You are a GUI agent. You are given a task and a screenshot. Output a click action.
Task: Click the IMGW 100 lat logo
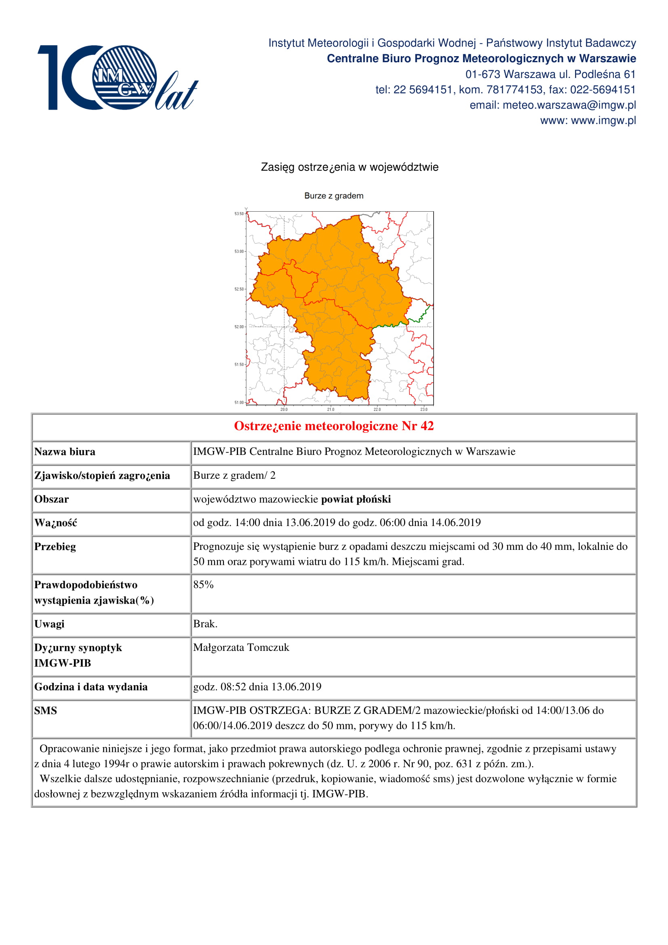[x=117, y=78]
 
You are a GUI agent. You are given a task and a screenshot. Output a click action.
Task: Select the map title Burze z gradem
[x=334, y=196]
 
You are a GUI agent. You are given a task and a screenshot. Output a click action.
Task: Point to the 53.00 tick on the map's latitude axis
[x=239, y=251]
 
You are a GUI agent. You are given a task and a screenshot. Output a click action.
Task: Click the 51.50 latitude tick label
[x=239, y=365]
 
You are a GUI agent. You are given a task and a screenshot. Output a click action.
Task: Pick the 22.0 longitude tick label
[x=377, y=410]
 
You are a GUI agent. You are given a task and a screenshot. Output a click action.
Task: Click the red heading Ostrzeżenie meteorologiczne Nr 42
[x=334, y=426]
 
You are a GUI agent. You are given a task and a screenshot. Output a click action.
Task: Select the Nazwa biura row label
[x=65, y=452]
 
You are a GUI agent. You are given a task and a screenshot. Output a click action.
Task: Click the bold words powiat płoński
[x=356, y=499]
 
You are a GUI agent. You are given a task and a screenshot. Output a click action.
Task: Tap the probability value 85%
[x=203, y=585]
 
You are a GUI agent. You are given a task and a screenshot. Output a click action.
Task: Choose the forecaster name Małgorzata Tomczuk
[x=241, y=647]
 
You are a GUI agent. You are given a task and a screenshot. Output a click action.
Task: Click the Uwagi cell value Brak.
[x=205, y=624]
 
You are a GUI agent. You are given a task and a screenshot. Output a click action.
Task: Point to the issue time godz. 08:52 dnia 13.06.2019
[x=257, y=686]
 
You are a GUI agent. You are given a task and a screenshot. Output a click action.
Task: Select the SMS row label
[x=46, y=710]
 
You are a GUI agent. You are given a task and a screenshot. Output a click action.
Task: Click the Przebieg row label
[x=55, y=547]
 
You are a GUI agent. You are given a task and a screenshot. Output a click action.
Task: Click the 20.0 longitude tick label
[x=284, y=410]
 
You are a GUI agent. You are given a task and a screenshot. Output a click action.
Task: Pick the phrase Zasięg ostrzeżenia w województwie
[x=350, y=167]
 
